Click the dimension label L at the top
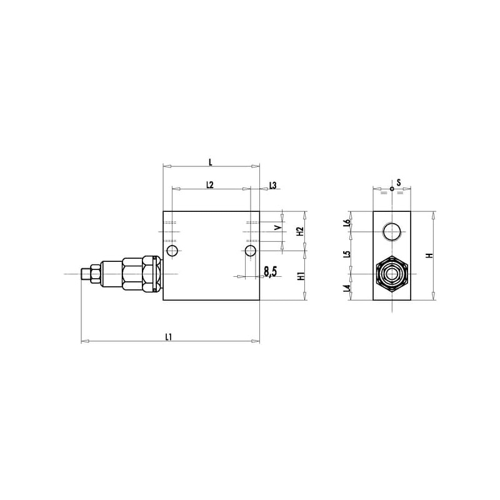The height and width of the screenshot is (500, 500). click(x=211, y=162)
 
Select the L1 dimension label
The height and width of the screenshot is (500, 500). click(x=169, y=337)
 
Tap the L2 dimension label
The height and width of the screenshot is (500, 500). click(x=209, y=184)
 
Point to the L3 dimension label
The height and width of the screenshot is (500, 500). click(x=273, y=185)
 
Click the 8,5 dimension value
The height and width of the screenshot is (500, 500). click(x=271, y=272)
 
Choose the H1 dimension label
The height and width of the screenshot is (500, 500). click(x=301, y=276)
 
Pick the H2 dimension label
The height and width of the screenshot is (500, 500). click(x=299, y=231)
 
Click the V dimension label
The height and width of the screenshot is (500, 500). click(x=278, y=227)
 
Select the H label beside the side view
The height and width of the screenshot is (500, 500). click(x=430, y=256)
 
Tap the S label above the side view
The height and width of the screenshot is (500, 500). click(x=399, y=182)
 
